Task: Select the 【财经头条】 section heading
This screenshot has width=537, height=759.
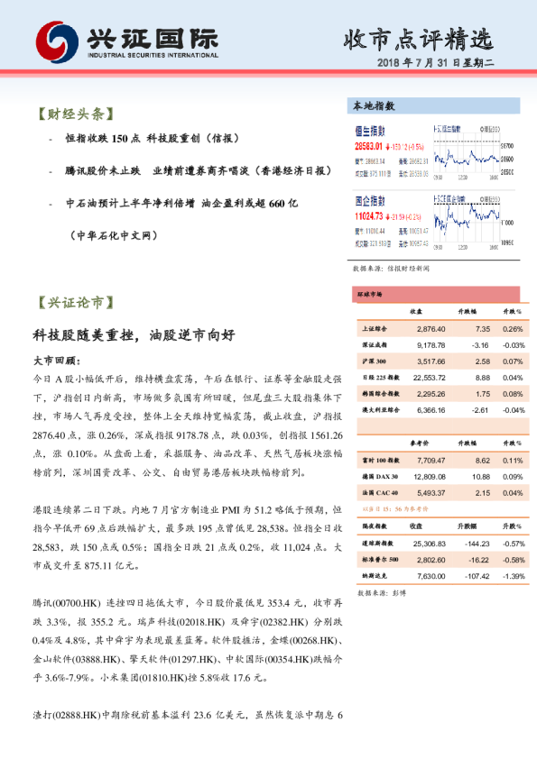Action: pyautogui.click(x=73, y=114)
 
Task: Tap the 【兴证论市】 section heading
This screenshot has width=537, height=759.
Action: pyautogui.click(x=74, y=303)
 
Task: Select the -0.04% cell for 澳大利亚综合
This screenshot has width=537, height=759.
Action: pyautogui.click(x=512, y=408)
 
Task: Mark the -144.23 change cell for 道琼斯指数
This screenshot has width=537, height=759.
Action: pyautogui.click(x=475, y=544)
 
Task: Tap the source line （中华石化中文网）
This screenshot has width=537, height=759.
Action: pyautogui.click(x=116, y=235)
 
